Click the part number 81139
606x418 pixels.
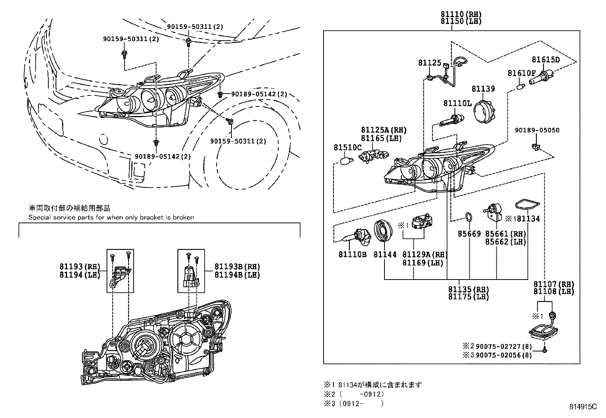(483, 89)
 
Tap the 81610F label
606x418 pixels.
(521, 73)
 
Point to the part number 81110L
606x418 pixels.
(457, 103)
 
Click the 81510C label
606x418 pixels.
(348, 148)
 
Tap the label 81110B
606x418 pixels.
(352, 254)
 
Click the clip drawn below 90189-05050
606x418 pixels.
(536, 147)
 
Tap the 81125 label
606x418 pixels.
(429, 63)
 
